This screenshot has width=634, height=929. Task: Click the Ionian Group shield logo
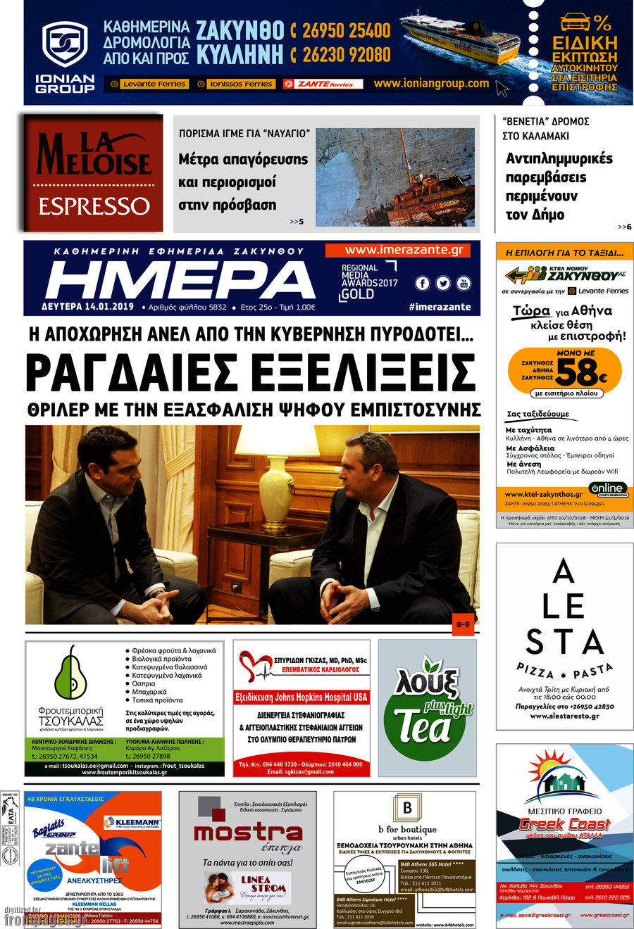(65, 46)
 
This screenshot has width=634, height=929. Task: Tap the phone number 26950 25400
(346, 31)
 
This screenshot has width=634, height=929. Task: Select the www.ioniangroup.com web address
(430, 83)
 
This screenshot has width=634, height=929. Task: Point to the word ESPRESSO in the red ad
(94, 206)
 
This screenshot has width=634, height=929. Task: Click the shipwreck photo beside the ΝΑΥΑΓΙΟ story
(394, 177)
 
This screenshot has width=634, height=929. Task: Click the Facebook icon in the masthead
(423, 283)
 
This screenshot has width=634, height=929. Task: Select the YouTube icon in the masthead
(463, 283)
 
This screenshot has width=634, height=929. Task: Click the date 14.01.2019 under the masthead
(113, 307)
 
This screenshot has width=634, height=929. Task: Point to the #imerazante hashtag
(439, 307)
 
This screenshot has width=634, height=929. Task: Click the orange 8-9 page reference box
(463, 624)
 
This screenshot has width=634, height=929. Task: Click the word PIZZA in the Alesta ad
(535, 669)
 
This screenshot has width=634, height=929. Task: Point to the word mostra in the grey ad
(248, 832)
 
